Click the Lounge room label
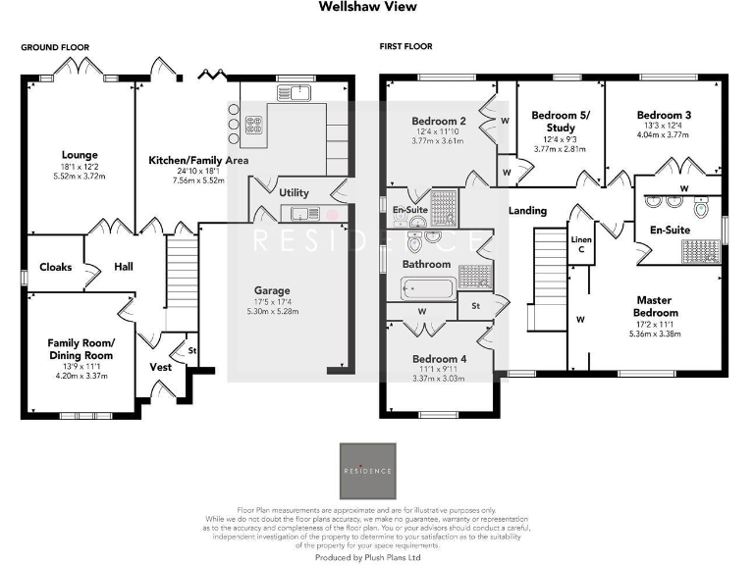(78, 154)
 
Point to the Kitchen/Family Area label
(198, 160)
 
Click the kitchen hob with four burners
(252, 126)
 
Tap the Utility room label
(294, 193)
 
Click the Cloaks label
(55, 267)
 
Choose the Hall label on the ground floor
(122, 267)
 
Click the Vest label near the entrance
(161, 367)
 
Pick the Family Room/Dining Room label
(81, 348)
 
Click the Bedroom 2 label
(437, 122)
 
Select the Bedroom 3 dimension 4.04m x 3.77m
(664, 135)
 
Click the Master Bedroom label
(658, 306)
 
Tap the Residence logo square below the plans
(367, 471)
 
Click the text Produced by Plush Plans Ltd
(368, 556)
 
